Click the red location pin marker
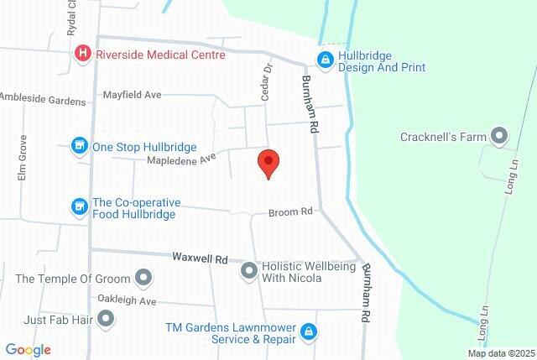(x=268, y=163)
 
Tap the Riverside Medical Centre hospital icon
(x=84, y=55)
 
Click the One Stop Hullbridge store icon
(x=80, y=146)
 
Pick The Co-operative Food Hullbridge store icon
(x=80, y=206)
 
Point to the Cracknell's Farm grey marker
(x=499, y=135)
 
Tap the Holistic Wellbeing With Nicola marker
(x=249, y=270)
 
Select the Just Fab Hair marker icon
(x=106, y=318)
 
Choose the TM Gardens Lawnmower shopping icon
(x=309, y=332)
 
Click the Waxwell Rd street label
(x=201, y=258)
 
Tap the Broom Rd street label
(x=290, y=213)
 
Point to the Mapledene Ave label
(x=182, y=158)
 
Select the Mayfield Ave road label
(x=132, y=96)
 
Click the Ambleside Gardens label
(x=42, y=99)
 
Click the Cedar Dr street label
(x=267, y=83)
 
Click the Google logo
(x=29, y=350)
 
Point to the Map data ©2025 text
(x=500, y=353)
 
